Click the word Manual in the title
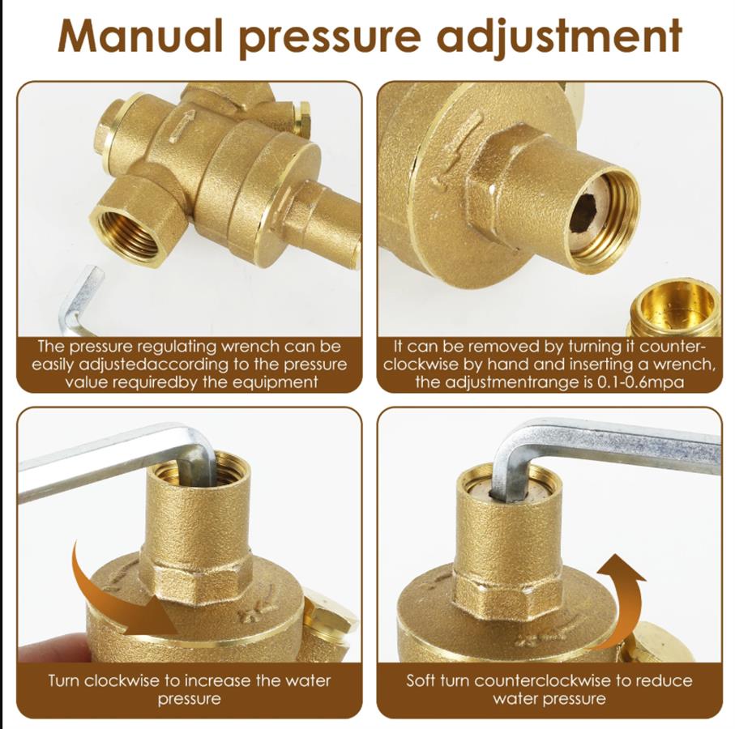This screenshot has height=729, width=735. coord(139,36)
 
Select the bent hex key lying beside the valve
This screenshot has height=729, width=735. coord(79,300)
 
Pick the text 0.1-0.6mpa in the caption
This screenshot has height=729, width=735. coord(640,383)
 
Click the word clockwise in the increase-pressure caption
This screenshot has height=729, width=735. coord(125,680)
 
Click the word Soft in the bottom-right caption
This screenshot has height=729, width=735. coord(420,680)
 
